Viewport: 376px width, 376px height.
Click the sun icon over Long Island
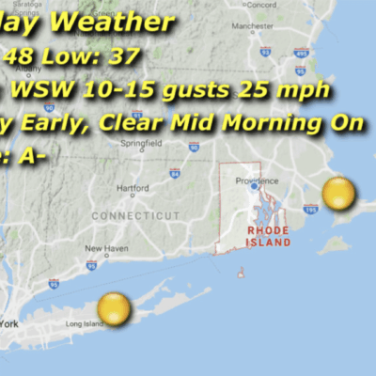[x=114, y=308]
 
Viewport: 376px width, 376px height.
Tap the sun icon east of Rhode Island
[x=338, y=195]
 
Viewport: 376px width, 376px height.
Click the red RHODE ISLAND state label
[x=269, y=235]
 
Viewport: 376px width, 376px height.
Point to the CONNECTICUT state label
[x=135, y=215]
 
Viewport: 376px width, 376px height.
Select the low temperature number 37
[x=123, y=56]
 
